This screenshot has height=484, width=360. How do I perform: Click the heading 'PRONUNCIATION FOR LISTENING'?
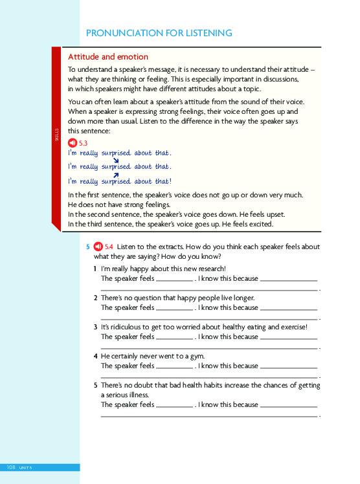(159, 33)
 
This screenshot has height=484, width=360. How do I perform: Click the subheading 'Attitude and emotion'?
(108, 57)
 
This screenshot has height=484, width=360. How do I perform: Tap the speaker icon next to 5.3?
(73, 142)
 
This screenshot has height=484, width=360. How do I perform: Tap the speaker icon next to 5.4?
(98, 247)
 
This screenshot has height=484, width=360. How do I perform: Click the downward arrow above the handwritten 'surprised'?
(116, 160)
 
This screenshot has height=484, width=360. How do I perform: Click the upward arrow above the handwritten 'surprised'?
(116, 175)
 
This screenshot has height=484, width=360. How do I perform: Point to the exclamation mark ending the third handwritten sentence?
(171, 182)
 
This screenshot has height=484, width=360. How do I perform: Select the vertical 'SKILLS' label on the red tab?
(56, 138)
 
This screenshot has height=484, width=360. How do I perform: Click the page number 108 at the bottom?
(11, 467)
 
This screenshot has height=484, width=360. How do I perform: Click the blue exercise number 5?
(88, 247)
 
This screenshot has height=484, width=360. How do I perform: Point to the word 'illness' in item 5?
(136, 395)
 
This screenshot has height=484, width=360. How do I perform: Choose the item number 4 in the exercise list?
(95, 356)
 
